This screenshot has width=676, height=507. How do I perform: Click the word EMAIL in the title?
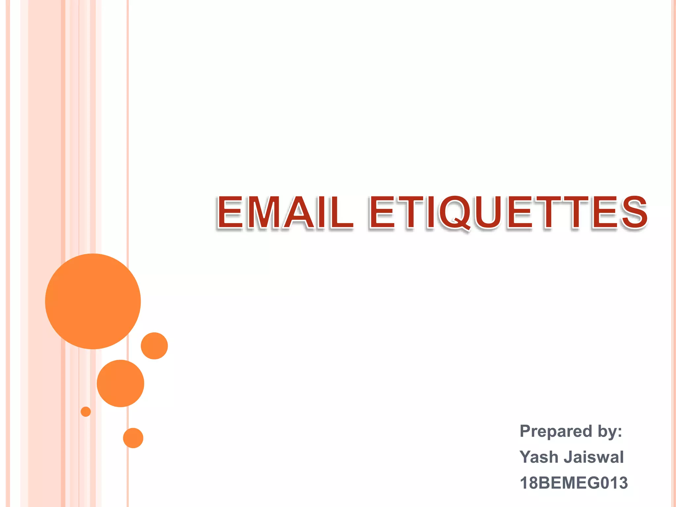pyautogui.click(x=285, y=213)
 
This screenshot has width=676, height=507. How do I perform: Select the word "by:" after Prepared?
pyautogui.click(x=609, y=431)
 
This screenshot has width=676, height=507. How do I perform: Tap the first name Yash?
pyautogui.click(x=539, y=457)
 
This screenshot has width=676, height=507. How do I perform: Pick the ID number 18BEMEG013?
pyautogui.click(x=573, y=483)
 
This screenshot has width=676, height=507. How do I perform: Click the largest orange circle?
pyautogui.click(x=93, y=301)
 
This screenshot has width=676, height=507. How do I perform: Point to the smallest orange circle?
pyautogui.click(x=86, y=412)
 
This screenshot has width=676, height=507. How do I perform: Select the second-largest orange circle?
pyautogui.click(x=120, y=383)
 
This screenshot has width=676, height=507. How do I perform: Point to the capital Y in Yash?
pyautogui.click(x=526, y=457)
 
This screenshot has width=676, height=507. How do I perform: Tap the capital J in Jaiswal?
pyautogui.click(x=568, y=457)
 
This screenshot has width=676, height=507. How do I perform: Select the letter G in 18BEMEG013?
pyautogui.click(x=593, y=483)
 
